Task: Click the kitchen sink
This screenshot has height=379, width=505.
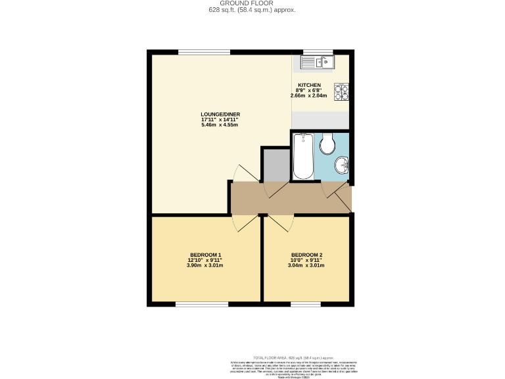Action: point(318,62)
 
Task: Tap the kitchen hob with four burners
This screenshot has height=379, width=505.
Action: point(341,92)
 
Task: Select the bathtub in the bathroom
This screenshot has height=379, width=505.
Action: point(302,156)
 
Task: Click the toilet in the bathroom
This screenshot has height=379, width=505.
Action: point(327,143)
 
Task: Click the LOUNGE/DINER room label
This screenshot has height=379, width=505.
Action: point(219,114)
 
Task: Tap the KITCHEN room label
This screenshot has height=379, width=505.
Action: point(309,86)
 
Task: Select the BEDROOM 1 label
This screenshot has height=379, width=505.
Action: point(205,255)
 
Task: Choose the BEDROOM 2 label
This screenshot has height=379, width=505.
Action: point(306,255)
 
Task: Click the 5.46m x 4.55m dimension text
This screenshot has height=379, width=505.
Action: point(219,125)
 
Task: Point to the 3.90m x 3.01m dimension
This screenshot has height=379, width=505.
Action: point(205,266)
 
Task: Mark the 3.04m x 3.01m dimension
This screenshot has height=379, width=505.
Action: point(306,266)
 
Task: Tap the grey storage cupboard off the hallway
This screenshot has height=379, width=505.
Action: point(276,164)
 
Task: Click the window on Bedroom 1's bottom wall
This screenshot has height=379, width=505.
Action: point(201,304)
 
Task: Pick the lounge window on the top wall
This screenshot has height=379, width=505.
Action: point(204,52)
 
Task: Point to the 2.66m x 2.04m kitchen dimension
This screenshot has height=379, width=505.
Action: point(309,96)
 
